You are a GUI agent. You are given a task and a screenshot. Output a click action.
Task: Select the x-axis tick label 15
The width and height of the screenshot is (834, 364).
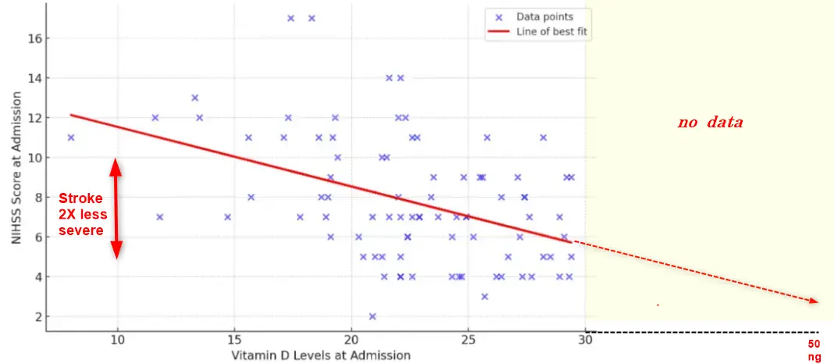pyautogui.click(x=233, y=341)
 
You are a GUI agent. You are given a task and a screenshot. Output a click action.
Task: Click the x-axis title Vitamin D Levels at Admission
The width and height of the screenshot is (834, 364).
pyautogui.click(x=320, y=355)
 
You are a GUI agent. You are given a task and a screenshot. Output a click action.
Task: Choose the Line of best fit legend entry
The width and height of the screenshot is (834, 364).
pyautogui.click(x=551, y=32)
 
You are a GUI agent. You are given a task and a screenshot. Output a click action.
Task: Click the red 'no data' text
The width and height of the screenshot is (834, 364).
pyautogui.click(x=710, y=123)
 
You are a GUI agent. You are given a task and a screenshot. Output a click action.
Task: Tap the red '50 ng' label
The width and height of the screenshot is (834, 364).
pyautogui.click(x=814, y=350)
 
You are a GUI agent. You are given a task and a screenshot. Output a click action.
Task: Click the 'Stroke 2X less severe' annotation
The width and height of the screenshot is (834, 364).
pyautogui.click(x=81, y=215)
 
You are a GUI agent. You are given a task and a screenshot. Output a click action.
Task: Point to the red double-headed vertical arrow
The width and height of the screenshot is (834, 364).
pyautogui.click(x=116, y=209)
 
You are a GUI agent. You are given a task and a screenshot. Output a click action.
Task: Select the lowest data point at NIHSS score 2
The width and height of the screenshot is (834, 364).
pyautogui.click(x=372, y=316)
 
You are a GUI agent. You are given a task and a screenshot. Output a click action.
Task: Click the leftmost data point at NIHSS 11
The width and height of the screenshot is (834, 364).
pyautogui.click(x=71, y=137)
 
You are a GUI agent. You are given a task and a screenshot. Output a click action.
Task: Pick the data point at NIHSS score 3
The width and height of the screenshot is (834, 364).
pyautogui.click(x=485, y=296)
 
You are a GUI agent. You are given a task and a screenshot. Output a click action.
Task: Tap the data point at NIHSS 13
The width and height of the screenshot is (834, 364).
pyautogui.click(x=194, y=98)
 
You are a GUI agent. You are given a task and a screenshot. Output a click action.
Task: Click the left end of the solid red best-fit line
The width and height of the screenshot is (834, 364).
pyautogui.click(x=72, y=115)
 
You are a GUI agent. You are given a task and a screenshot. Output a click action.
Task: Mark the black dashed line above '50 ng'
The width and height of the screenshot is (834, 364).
pyautogui.click(x=703, y=332)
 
